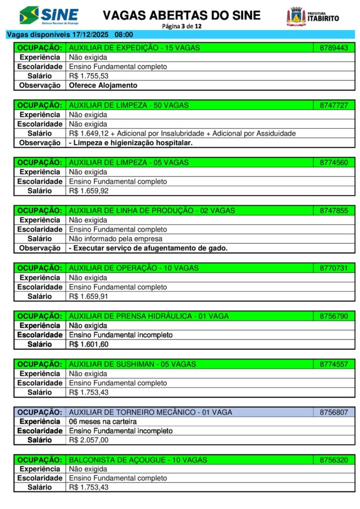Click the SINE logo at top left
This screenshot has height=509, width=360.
49,15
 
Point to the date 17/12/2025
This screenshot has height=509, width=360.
91,35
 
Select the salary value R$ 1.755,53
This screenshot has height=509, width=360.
89,76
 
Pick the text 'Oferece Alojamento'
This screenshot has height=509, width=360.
103,85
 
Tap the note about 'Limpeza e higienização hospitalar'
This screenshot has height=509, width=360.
131,143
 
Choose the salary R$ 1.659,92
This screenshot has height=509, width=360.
89,191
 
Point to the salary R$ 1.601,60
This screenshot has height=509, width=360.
89,344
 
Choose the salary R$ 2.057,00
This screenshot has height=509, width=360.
89,440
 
